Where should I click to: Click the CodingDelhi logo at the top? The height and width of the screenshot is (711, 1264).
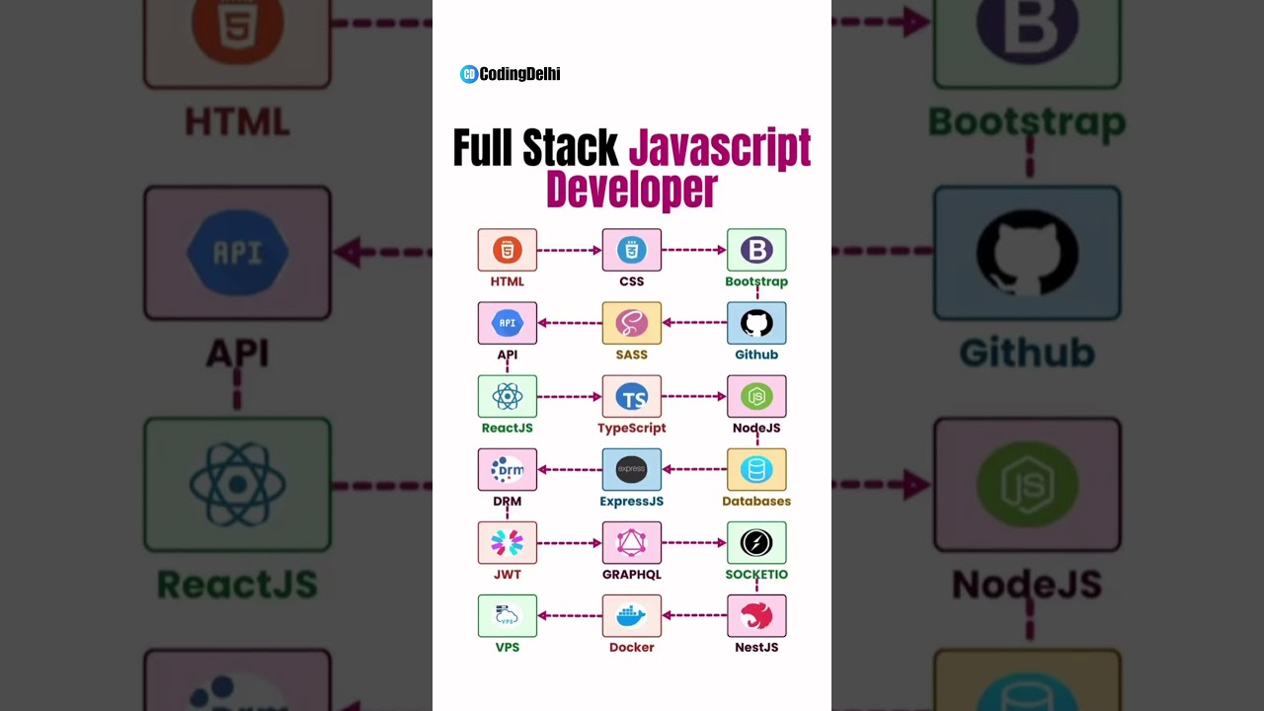click(x=510, y=74)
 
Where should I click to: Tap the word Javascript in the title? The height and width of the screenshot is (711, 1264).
click(x=719, y=148)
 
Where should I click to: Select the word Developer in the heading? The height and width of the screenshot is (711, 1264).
click(x=631, y=190)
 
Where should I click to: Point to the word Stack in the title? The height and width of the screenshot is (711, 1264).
click(x=570, y=148)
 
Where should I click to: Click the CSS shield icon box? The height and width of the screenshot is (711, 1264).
click(x=632, y=250)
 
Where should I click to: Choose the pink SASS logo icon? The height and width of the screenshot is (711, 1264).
click(x=632, y=323)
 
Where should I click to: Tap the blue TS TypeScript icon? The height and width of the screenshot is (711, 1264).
click(x=632, y=397)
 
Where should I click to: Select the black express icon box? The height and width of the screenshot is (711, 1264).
click(x=632, y=470)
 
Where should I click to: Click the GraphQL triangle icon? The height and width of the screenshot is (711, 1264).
click(x=632, y=543)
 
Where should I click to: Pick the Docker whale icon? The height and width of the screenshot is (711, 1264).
click(x=632, y=616)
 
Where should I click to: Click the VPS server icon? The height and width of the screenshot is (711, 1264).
click(x=508, y=616)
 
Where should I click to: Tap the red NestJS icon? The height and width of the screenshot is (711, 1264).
click(x=756, y=616)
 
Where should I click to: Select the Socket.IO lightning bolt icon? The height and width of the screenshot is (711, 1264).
click(x=756, y=543)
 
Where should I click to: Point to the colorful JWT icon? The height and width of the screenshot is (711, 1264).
click(x=508, y=543)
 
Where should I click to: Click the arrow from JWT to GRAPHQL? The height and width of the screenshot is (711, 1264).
click(x=570, y=543)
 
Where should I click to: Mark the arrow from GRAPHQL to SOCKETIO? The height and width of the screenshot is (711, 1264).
click(x=694, y=543)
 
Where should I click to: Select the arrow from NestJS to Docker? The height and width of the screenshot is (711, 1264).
click(x=694, y=616)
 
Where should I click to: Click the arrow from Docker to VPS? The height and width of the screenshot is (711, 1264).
click(x=570, y=616)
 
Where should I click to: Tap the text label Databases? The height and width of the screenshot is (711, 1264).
click(x=756, y=502)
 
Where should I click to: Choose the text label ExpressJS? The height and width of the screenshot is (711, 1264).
click(x=632, y=502)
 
